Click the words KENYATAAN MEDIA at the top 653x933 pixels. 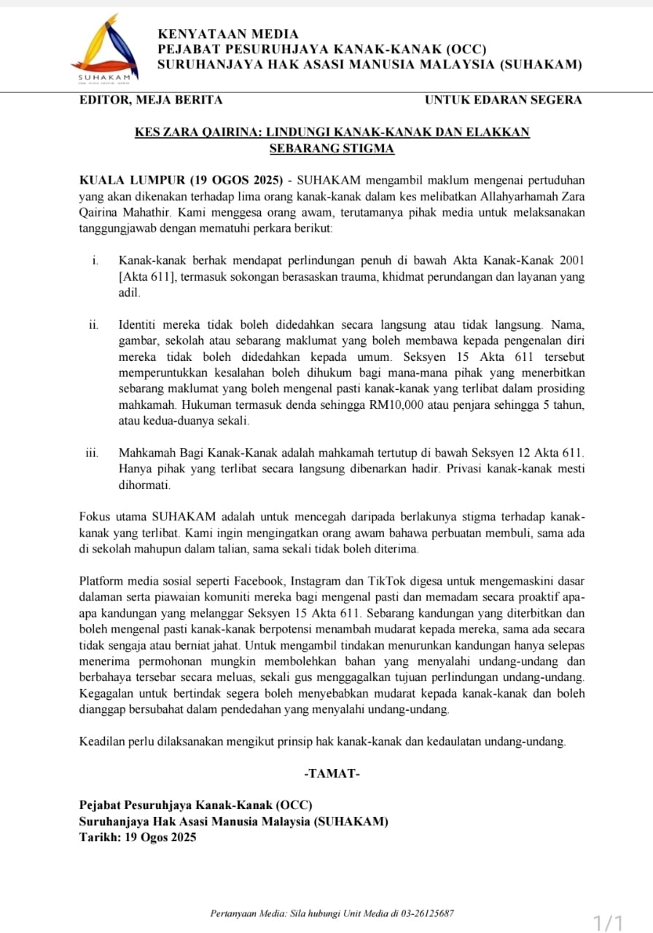tap(228, 34)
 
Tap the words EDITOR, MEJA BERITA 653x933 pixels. tap(151, 100)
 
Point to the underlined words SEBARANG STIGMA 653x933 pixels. tap(332, 149)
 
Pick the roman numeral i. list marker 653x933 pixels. tap(95, 260)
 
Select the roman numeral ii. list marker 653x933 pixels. tap(94, 324)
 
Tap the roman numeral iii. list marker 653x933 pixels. tap(93, 453)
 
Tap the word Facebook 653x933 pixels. tap(260, 581)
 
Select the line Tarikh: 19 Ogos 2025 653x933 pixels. tap(138, 838)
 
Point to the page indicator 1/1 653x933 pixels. tap(609, 924)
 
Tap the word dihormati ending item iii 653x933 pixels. tap(144, 485)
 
